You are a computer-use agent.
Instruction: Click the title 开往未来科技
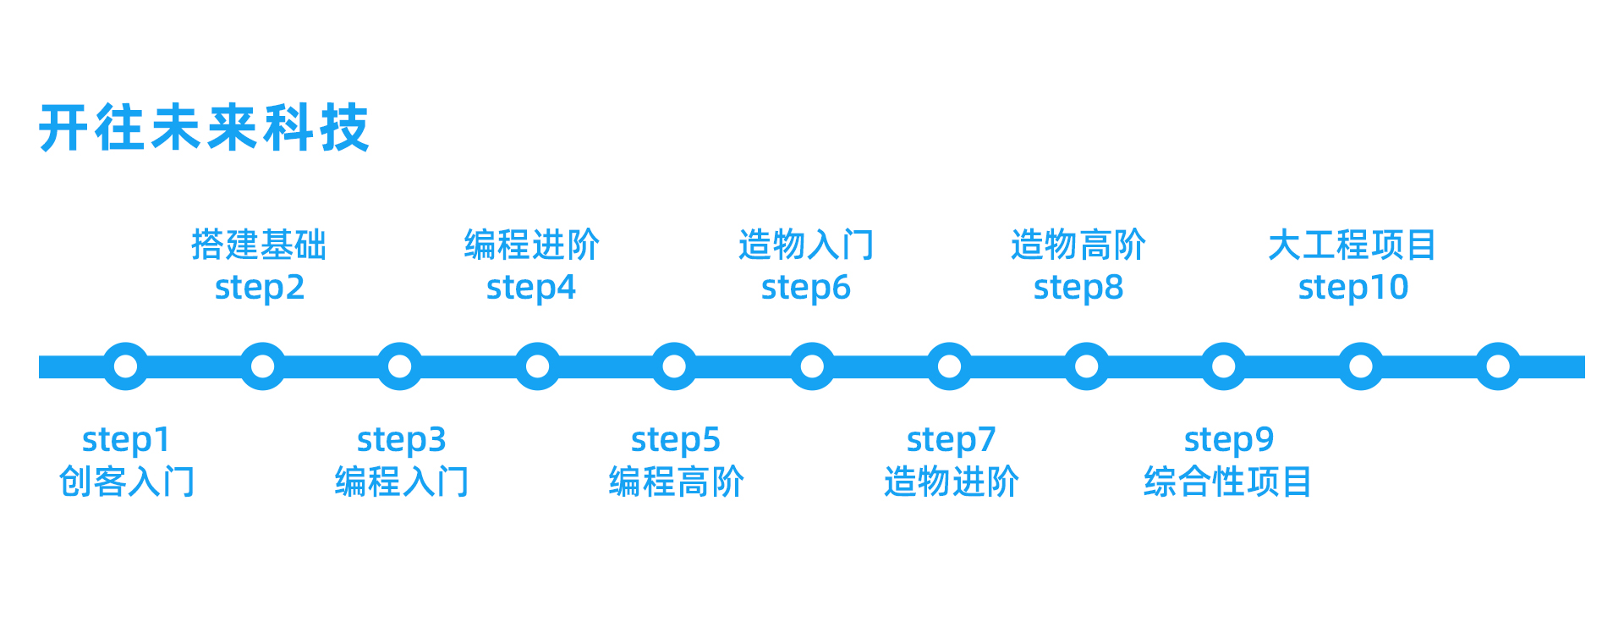(x=204, y=129)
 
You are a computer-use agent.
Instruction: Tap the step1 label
(x=126, y=440)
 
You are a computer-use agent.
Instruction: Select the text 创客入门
(x=126, y=482)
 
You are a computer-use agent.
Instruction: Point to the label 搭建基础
(x=259, y=245)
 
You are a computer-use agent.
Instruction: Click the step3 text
(x=401, y=440)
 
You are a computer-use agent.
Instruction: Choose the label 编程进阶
(x=532, y=245)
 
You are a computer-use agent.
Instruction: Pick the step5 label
(x=675, y=440)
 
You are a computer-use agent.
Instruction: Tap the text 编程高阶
(x=676, y=482)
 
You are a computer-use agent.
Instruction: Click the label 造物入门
(x=806, y=245)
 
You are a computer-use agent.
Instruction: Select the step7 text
(x=951, y=440)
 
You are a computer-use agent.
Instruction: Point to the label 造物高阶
(x=1078, y=245)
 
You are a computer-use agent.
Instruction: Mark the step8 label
(x=1078, y=288)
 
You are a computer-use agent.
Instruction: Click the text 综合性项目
(x=1227, y=482)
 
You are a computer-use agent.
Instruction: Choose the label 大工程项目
(x=1352, y=245)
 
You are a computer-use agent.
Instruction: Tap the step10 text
(x=1353, y=288)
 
